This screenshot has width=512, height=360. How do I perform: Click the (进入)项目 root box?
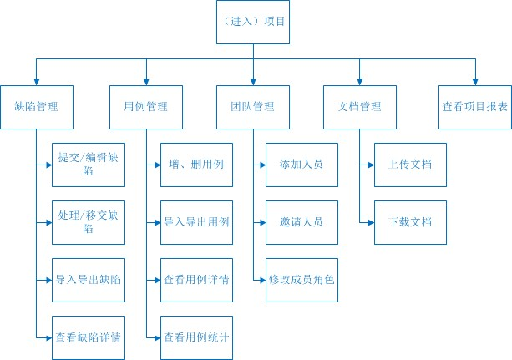[x=252, y=23]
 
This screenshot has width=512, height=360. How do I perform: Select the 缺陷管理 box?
[x=38, y=107]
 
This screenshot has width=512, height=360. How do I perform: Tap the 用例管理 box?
[x=145, y=107]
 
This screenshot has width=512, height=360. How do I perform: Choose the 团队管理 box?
[x=252, y=107]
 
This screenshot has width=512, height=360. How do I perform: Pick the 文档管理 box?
[x=359, y=107]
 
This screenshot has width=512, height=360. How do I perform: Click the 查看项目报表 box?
[x=474, y=107]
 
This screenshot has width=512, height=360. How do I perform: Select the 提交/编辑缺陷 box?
[x=88, y=165]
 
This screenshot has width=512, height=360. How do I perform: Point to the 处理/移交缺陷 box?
[x=88, y=222]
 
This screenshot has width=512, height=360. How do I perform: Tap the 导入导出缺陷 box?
[x=88, y=280]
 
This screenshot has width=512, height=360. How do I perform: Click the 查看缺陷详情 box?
[x=88, y=337]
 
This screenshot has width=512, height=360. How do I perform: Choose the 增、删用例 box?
[x=196, y=165]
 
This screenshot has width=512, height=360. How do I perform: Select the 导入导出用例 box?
[x=196, y=222]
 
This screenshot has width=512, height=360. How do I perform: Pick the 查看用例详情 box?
[x=196, y=280]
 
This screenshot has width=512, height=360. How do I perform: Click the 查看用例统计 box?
[x=196, y=337]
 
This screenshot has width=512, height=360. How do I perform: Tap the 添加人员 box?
[x=302, y=165]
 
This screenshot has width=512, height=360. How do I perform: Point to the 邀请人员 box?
[x=302, y=222]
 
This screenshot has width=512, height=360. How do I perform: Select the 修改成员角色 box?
[x=302, y=280]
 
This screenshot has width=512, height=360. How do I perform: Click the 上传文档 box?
[x=410, y=165]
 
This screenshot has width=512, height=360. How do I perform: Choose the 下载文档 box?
[x=410, y=222]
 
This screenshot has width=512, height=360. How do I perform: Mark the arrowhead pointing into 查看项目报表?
[x=474, y=80]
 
